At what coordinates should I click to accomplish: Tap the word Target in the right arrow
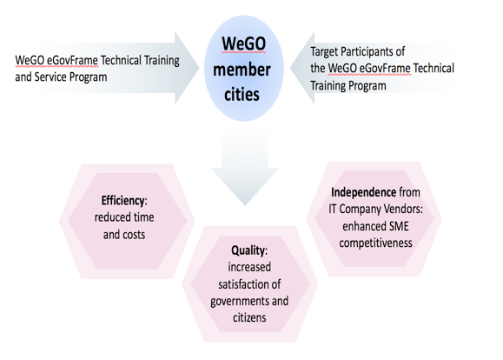324,52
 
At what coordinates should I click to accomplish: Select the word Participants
373,52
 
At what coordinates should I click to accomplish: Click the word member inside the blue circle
242,70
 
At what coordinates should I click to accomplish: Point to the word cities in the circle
242,95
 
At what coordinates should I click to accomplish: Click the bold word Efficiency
123,201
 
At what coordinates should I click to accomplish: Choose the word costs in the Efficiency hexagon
134,235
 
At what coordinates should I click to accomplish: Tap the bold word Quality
248,250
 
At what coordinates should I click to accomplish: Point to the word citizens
249,318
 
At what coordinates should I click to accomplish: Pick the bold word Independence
364,192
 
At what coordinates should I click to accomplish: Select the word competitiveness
375,243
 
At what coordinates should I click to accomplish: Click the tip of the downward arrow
245,205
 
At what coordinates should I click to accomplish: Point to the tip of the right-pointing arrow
199,68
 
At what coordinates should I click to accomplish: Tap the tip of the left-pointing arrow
290,68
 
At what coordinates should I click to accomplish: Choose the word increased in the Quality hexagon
249,267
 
